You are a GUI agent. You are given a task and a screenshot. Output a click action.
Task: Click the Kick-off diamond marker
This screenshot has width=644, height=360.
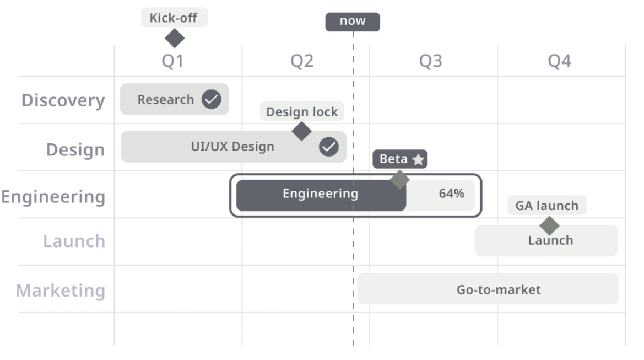[175, 38]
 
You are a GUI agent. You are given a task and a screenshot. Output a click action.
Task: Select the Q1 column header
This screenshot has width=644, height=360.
[172, 61]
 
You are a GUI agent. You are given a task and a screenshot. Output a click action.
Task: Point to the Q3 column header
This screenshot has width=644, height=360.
[430, 61]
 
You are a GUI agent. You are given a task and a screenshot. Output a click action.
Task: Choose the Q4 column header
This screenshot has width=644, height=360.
[559, 61]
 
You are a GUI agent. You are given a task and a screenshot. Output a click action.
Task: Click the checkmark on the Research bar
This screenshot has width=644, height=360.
[212, 99]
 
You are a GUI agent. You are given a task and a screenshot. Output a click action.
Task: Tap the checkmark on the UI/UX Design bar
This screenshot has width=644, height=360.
[329, 147]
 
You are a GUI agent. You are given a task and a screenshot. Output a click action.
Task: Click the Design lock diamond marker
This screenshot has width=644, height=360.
[301, 131]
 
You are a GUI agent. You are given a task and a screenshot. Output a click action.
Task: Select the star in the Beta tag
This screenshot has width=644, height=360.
[418, 159]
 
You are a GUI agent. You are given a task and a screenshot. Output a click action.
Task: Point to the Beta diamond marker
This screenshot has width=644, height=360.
[399, 180]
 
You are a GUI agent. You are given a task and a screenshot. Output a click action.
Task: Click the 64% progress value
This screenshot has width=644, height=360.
[451, 193]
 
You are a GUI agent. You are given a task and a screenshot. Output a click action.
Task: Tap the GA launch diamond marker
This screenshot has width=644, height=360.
[550, 225]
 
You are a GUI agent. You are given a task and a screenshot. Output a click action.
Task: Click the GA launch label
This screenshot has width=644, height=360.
[547, 205]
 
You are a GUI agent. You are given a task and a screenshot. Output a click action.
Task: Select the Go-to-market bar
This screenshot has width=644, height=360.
[488, 289]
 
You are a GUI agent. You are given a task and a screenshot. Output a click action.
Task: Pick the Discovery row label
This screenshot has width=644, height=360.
[63, 101]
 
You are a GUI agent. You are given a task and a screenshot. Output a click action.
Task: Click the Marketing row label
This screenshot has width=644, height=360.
[61, 291]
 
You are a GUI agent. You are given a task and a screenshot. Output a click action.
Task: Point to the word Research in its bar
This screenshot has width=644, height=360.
[165, 99]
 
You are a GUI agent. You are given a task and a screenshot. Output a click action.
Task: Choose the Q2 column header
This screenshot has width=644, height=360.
[302, 61]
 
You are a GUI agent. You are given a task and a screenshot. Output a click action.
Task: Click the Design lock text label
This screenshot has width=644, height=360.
[302, 111]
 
